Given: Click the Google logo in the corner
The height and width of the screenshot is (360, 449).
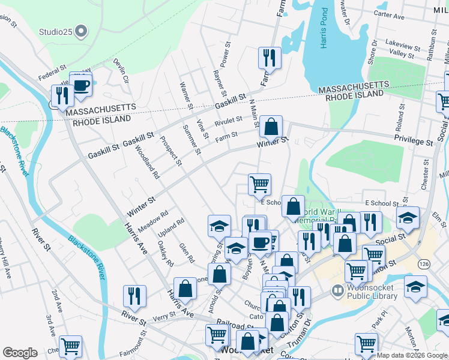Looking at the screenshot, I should (20, 353).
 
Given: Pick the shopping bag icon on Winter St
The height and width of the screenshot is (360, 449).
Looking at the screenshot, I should (271, 127).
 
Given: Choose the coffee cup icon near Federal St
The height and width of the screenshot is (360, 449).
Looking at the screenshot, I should (80, 84).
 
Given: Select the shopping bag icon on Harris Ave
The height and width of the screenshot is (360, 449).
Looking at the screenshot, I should (185, 288).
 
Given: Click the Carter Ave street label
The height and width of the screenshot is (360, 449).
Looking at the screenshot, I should (389, 13).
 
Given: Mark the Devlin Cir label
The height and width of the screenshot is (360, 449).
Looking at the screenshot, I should (122, 71).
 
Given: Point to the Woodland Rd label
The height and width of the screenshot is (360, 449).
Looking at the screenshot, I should (147, 162).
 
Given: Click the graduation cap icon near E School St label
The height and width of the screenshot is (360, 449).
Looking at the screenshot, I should (408, 218).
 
